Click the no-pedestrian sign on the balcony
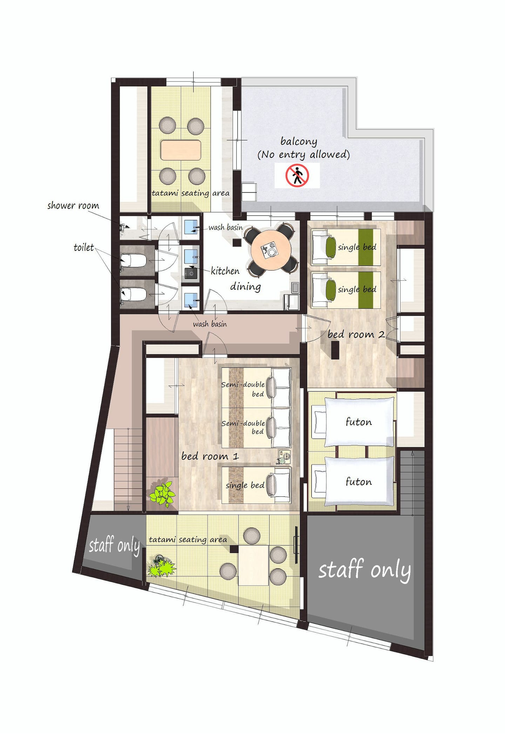(297, 175)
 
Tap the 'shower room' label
(73, 206)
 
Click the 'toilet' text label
(83, 247)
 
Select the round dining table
(271, 249)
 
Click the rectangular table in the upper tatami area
(181, 150)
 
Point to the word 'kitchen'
(225, 271)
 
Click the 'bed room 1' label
(210, 456)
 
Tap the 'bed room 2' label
(356, 334)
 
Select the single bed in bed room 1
(256, 485)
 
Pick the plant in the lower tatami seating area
(161, 566)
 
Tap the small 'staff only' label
(114, 545)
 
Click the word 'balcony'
(299, 141)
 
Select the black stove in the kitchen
(191, 273)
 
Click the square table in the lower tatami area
(254, 565)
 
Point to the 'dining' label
(245, 287)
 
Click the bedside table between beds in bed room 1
(284, 457)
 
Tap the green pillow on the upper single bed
(330, 247)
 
